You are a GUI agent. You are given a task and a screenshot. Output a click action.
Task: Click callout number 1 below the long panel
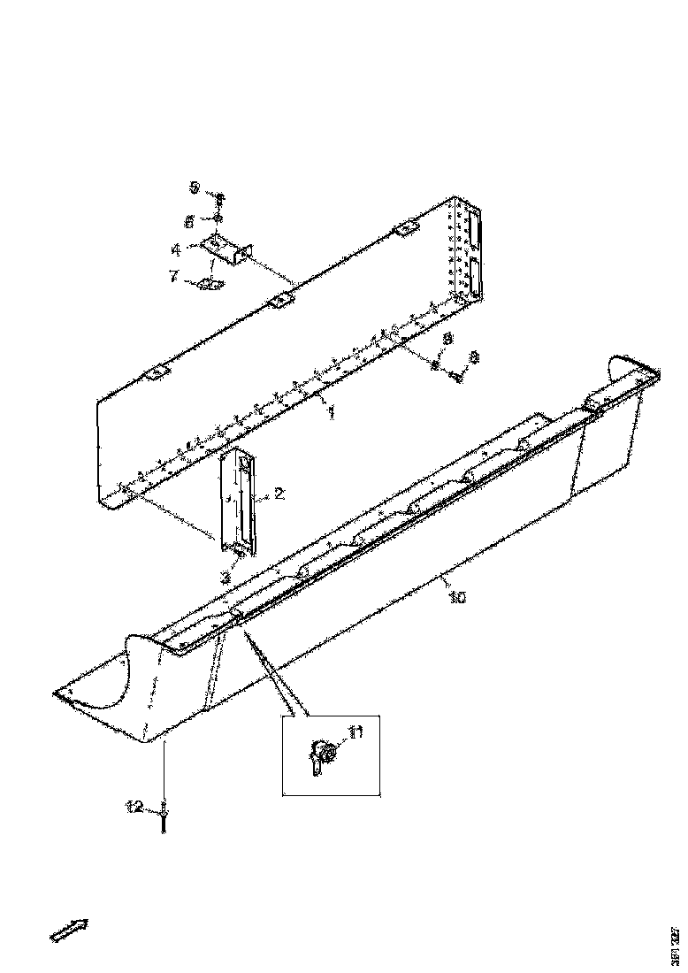click(x=332, y=413)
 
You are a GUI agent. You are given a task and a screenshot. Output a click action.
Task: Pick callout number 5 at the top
click(x=195, y=187)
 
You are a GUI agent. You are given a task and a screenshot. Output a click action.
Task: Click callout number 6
click(x=189, y=219)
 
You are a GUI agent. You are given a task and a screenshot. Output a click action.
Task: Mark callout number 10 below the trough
click(x=456, y=598)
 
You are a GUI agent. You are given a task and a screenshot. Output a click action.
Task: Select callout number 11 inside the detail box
click(x=355, y=731)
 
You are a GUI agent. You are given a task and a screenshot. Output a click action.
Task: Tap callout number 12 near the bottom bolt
click(x=134, y=806)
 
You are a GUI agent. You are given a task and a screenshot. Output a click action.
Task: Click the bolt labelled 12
click(x=165, y=818)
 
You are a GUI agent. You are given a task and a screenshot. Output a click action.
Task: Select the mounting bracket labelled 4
click(x=228, y=250)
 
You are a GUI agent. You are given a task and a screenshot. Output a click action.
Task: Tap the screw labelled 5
click(x=220, y=200)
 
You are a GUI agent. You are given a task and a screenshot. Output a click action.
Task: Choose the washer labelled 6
click(x=216, y=218)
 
